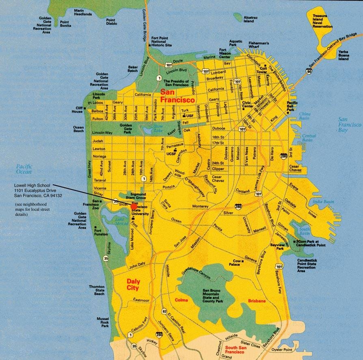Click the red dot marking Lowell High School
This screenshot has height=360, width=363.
click(x=134, y=206)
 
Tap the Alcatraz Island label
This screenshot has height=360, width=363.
click(x=248, y=19)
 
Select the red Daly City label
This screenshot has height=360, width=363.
click(x=132, y=284)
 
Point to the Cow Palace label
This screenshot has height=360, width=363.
click(x=237, y=263)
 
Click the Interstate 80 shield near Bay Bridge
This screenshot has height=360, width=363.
click(x=310, y=72)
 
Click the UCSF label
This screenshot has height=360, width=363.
click(x=170, y=154)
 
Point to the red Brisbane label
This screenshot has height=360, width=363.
click(x=256, y=301)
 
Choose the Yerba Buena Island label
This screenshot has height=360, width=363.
click(x=344, y=55)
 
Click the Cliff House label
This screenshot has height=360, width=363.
click(x=77, y=110)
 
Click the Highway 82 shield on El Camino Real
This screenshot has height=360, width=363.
click(x=164, y=312)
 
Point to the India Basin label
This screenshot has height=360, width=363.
click(x=323, y=202)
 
